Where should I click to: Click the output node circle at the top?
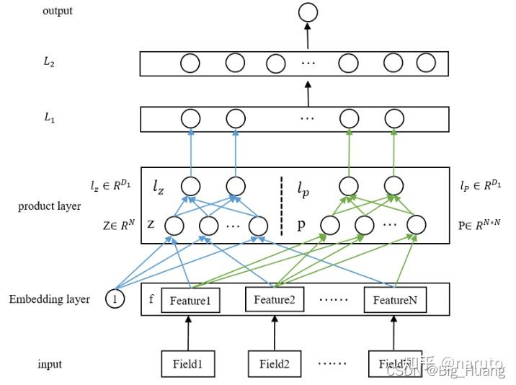click(308, 12)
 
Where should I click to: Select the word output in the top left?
click(58, 11)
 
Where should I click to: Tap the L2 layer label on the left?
click(49, 63)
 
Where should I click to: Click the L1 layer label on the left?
click(49, 118)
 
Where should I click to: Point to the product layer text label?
click(49, 206)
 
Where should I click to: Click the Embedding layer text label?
click(49, 298)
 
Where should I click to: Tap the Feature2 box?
click(275, 299)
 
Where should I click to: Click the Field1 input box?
click(187, 363)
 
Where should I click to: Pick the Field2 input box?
click(275, 363)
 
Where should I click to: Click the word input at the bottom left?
click(50, 364)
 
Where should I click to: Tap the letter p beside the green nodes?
click(301, 224)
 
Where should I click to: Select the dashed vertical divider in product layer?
click(281, 205)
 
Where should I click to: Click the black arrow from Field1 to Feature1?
click(189, 332)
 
